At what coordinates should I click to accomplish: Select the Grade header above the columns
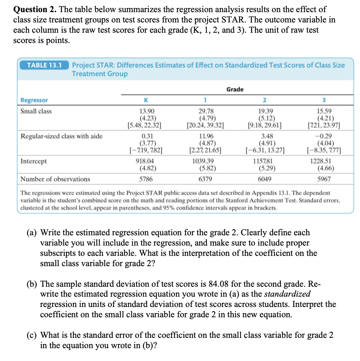click(235, 89)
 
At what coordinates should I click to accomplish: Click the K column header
click(146, 100)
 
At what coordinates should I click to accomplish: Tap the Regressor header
click(34, 100)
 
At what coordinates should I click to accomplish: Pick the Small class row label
click(36, 111)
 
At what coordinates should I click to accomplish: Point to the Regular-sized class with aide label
click(61, 136)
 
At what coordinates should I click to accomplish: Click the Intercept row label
click(33, 161)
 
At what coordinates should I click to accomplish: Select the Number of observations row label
click(55, 179)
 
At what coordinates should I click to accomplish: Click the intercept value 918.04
click(146, 161)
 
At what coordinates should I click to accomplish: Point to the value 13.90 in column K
click(146, 111)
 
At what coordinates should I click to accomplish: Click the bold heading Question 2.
click(34, 9)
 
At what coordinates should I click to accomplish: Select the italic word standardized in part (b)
click(287, 294)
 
